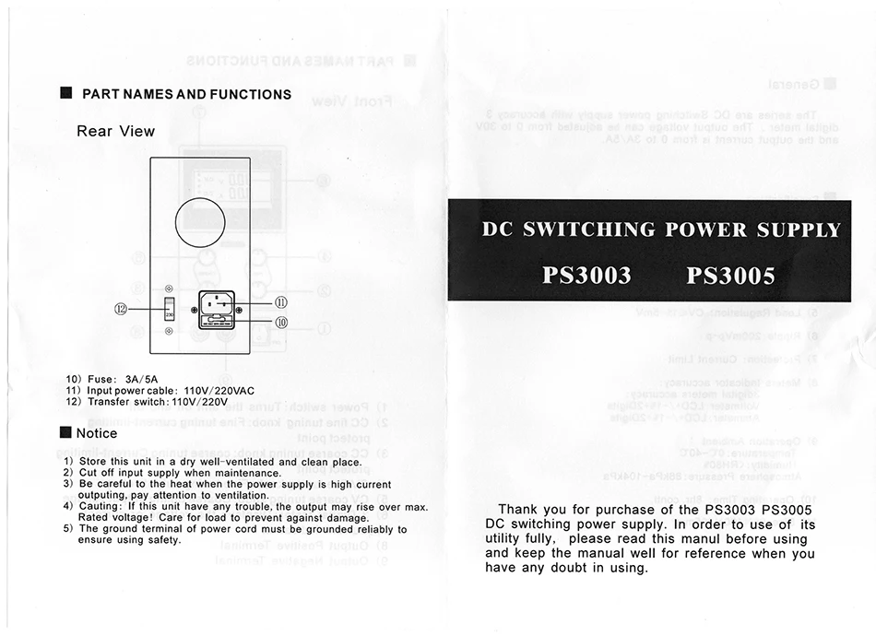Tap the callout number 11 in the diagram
click(x=282, y=302)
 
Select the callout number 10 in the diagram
click(x=282, y=323)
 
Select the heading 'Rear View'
click(x=115, y=131)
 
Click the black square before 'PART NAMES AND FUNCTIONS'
click(x=65, y=94)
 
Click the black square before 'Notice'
click(x=65, y=433)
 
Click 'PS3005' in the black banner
click(x=731, y=276)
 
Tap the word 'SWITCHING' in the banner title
click(x=588, y=230)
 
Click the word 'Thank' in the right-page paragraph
click(x=518, y=509)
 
